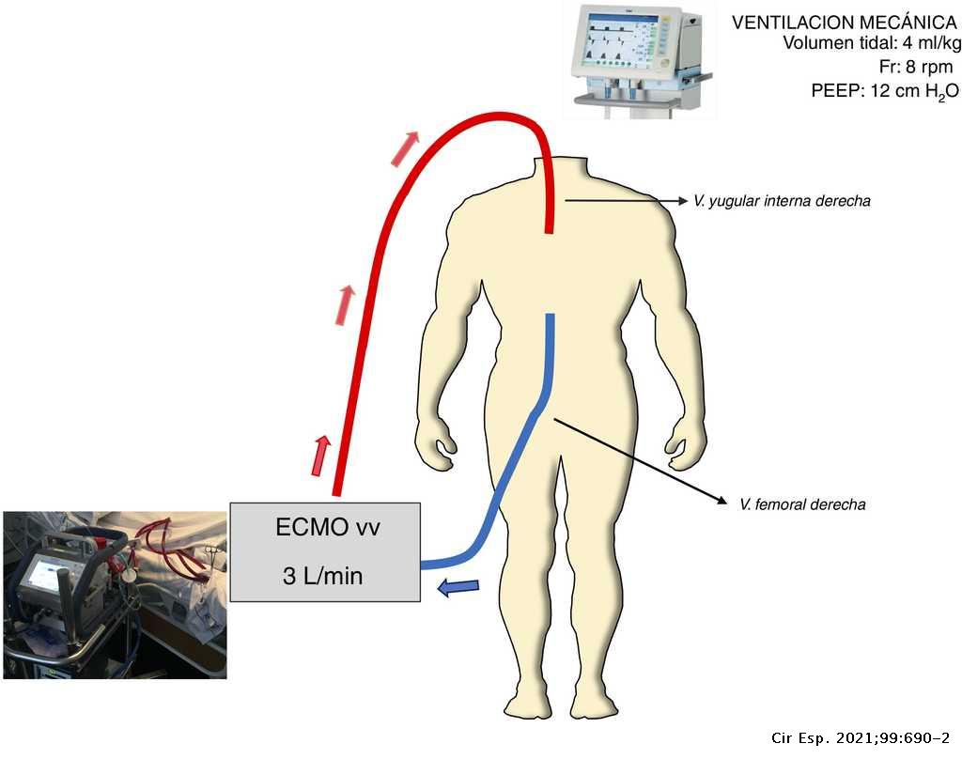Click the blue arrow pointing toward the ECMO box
click(458, 587)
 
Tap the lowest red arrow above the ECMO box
click(320, 456)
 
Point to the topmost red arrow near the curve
click(405, 148)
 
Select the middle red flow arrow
click(345, 305)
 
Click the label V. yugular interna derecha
click(782, 201)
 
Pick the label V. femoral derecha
click(802, 504)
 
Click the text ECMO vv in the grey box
click(328, 528)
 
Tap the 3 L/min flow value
click(323, 576)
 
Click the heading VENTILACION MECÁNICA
click(845, 23)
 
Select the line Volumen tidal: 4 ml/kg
click(872, 43)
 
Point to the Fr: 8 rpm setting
click(916, 67)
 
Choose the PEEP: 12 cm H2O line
click(885, 91)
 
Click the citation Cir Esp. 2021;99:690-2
click(861, 738)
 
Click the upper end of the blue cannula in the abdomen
click(551, 316)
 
